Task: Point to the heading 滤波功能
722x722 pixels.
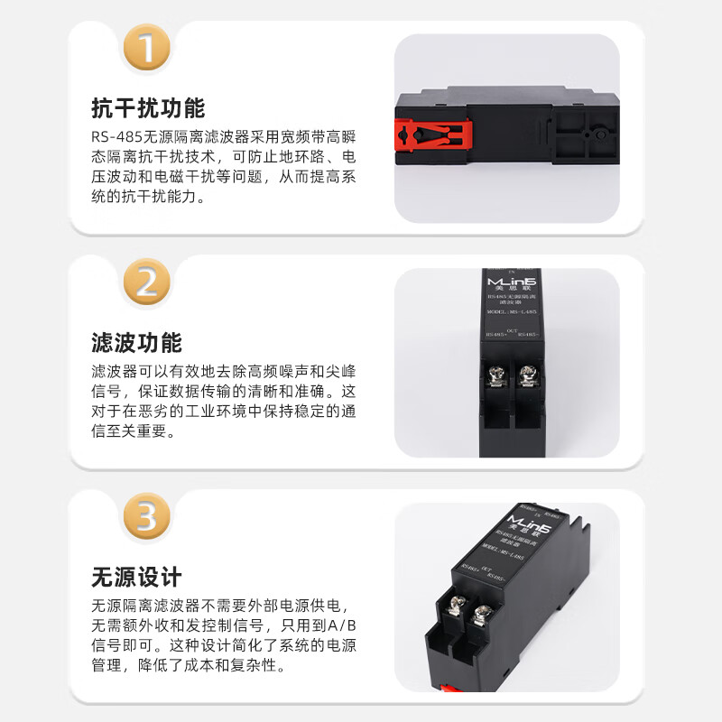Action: (136, 344)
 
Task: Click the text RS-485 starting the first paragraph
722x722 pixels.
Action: (111, 136)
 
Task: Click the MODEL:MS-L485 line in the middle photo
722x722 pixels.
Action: (511, 313)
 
